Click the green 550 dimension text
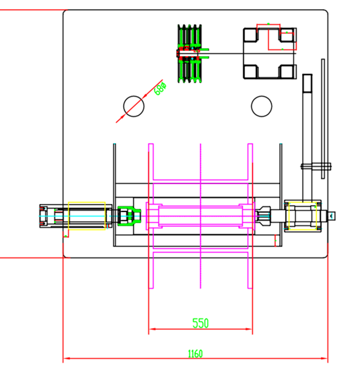(200, 323)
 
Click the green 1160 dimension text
(195, 354)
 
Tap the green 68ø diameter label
(160, 88)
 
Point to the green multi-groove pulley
(189, 53)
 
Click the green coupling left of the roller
(129, 216)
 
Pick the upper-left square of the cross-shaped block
(250, 35)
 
